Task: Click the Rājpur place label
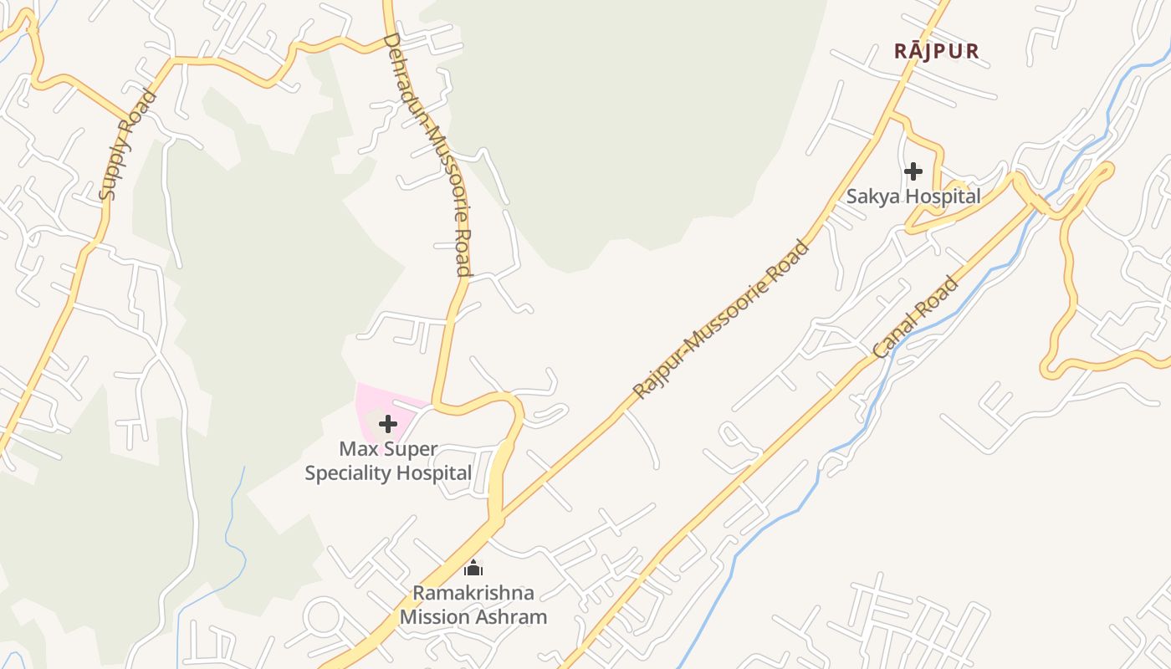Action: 936,51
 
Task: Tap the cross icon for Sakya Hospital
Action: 913,171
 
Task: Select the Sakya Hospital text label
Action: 913,197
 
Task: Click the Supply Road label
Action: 128,145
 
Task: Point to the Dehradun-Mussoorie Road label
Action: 427,155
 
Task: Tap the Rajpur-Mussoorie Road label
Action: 721,320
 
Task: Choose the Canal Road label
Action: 916,318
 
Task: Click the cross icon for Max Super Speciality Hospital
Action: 387,424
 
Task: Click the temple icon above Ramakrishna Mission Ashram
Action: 473,569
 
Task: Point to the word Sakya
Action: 869,197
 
